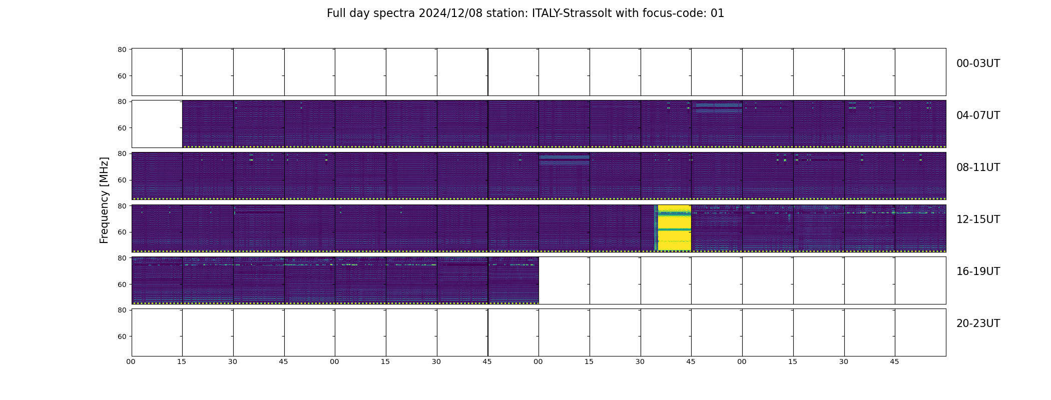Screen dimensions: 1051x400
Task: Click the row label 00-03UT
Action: pos(978,63)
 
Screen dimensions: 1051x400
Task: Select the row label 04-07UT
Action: pos(978,115)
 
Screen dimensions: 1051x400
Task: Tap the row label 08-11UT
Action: pos(978,167)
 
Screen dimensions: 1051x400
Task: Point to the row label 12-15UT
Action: pos(978,219)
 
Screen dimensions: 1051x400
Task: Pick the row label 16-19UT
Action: pos(978,271)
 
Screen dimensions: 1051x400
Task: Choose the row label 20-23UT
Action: pos(978,323)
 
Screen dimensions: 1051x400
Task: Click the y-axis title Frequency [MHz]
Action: pos(104,200)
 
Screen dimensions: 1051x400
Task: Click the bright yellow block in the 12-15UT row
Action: pos(674,228)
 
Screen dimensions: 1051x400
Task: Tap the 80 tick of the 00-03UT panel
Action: pos(122,49)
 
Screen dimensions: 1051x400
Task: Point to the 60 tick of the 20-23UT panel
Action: pos(122,336)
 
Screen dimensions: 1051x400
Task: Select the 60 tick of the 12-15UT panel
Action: pos(122,232)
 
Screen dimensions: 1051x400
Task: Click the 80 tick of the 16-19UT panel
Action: pos(122,258)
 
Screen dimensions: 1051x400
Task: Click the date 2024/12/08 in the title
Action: pos(451,13)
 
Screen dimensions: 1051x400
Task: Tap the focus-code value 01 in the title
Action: pos(717,13)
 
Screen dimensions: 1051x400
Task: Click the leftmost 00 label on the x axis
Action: pos(131,361)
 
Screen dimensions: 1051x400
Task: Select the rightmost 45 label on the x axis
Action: pos(894,361)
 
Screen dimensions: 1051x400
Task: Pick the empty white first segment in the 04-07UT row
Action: pos(157,124)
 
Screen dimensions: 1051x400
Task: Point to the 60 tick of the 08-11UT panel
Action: pos(122,180)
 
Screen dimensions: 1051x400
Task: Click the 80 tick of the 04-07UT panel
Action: pos(122,101)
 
